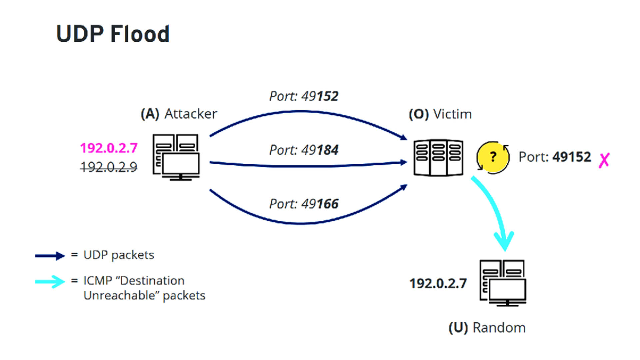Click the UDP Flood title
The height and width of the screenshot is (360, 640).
(x=113, y=34)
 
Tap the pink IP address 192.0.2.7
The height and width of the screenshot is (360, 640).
(x=109, y=148)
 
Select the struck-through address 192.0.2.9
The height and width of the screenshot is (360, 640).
(x=109, y=167)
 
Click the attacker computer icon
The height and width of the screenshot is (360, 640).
(x=176, y=157)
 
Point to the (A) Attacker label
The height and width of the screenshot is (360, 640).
(x=179, y=114)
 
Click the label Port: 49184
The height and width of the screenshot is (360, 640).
(x=304, y=150)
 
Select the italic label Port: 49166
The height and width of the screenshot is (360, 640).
(x=304, y=204)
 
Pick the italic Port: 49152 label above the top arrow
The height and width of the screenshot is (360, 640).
(x=304, y=96)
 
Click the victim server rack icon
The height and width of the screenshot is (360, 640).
(x=438, y=158)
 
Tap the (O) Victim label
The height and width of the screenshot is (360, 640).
(x=440, y=114)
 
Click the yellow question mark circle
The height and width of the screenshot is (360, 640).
(x=493, y=157)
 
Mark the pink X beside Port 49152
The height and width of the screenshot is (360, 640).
(x=604, y=160)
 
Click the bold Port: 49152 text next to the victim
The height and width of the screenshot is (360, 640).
(x=555, y=157)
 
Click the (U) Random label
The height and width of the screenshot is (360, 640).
(x=487, y=328)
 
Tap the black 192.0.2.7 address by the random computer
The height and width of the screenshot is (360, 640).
(x=438, y=284)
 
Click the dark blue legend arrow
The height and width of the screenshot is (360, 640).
(x=50, y=256)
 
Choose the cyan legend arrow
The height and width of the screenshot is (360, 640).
(x=50, y=282)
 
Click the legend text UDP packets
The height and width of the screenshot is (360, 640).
(x=119, y=255)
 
